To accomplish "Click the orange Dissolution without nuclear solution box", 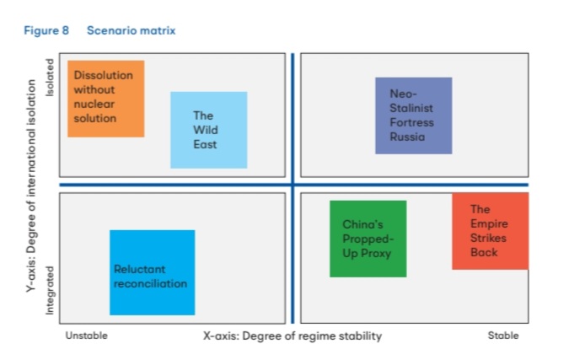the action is pos(106,99).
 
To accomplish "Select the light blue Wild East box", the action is pos(209,130).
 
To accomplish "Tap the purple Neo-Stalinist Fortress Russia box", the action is pos(414,116).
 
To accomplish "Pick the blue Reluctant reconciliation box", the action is pos(153,272).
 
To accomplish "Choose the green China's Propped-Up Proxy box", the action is pos(368,239).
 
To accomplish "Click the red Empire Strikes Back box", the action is pos(491,231).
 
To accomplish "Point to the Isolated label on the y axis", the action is pos(50,78).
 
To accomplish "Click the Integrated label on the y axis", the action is pos(50,290).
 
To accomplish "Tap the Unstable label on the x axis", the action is pos(86,336).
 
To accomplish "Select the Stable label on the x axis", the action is pos(503,336).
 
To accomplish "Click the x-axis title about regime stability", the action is pos(293,336).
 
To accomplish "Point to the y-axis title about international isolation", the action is pos(31,185).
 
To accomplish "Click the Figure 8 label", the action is pos(46,30).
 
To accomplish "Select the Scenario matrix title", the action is pos(131,30).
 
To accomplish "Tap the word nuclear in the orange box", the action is pos(94,105).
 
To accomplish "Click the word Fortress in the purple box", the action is pos(411,122).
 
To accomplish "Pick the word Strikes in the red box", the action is pos(488,238).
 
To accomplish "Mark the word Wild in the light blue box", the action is pos(206,130).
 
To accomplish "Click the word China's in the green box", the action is pos(362,224).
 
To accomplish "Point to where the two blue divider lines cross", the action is pos(293,185).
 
